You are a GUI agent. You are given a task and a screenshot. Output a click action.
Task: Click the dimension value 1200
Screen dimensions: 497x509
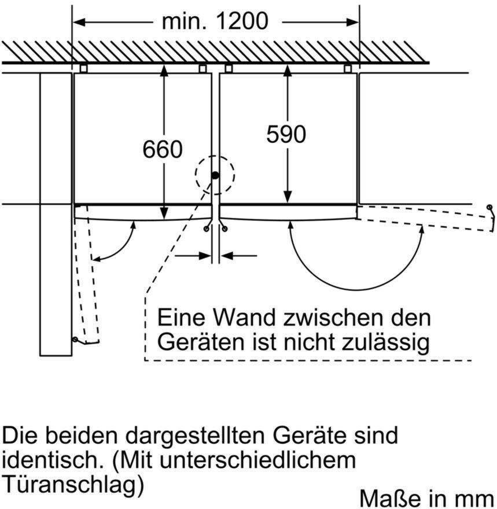point(242,21)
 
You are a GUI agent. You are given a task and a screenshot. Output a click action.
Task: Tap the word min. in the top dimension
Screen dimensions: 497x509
point(184,21)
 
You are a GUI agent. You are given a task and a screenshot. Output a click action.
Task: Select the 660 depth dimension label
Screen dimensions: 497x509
point(163,149)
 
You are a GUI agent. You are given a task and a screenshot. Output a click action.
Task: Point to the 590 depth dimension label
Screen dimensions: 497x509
point(286,134)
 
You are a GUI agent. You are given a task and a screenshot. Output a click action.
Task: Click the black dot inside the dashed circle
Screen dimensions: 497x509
point(215,176)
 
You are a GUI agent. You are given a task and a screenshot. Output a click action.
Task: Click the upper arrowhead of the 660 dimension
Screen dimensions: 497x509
point(164,71)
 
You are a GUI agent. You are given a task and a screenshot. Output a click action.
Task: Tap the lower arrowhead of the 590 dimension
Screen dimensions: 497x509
point(288,197)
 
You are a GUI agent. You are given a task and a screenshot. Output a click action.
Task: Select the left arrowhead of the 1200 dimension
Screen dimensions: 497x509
point(79,23)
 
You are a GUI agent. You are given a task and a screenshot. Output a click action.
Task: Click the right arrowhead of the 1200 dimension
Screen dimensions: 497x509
point(352,23)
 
